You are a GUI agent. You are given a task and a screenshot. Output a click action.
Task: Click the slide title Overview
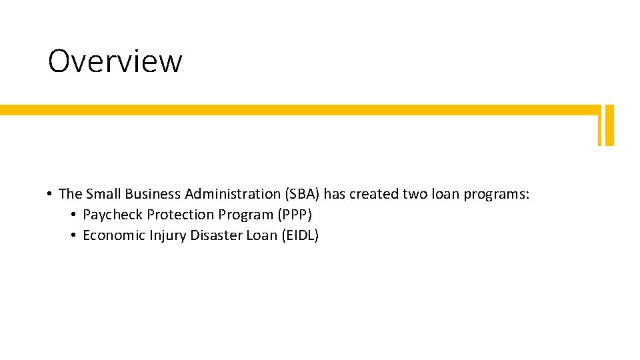point(115,61)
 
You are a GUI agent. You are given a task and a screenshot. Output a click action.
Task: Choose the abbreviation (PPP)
point(293,215)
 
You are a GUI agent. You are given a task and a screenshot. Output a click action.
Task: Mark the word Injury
point(167,235)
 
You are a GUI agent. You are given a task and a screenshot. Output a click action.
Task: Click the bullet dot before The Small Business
point(50,195)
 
